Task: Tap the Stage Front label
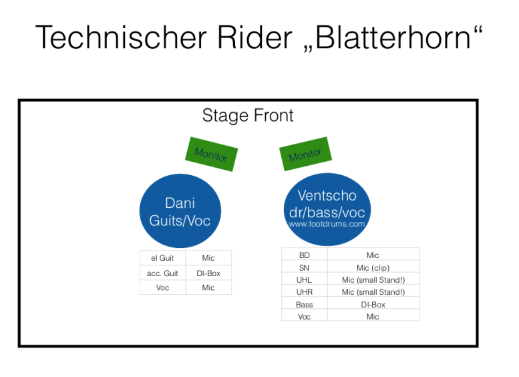click(248, 116)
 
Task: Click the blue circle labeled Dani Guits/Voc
click(180, 211)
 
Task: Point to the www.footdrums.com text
click(327, 225)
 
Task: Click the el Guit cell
click(162, 258)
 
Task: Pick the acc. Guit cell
click(162, 273)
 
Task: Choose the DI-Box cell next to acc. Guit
click(208, 273)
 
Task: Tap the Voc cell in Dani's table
click(162, 287)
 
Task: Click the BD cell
click(304, 255)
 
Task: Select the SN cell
click(304, 267)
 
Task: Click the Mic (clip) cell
click(373, 267)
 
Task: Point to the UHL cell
click(304, 279)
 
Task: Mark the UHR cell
click(304, 292)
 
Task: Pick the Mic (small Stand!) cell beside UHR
click(373, 292)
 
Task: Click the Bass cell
click(304, 304)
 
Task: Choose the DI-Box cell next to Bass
click(373, 304)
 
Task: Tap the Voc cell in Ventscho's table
click(304, 316)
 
